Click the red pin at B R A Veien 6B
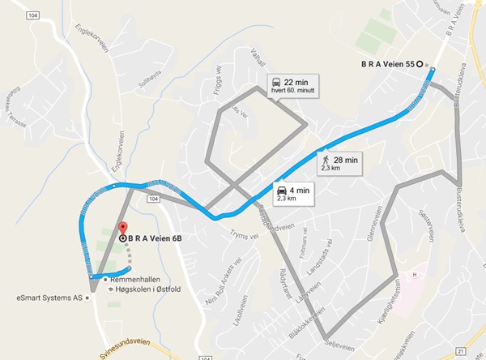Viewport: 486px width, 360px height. pyautogui.click(x=122, y=229)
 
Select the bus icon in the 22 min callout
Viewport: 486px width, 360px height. pyautogui.click(x=276, y=82)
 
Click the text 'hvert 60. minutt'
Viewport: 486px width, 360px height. pyautogui.click(x=292, y=91)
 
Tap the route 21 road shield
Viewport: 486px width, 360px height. pyautogui.click(x=460, y=349)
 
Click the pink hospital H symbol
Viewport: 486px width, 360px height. pyautogui.click(x=415, y=275)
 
